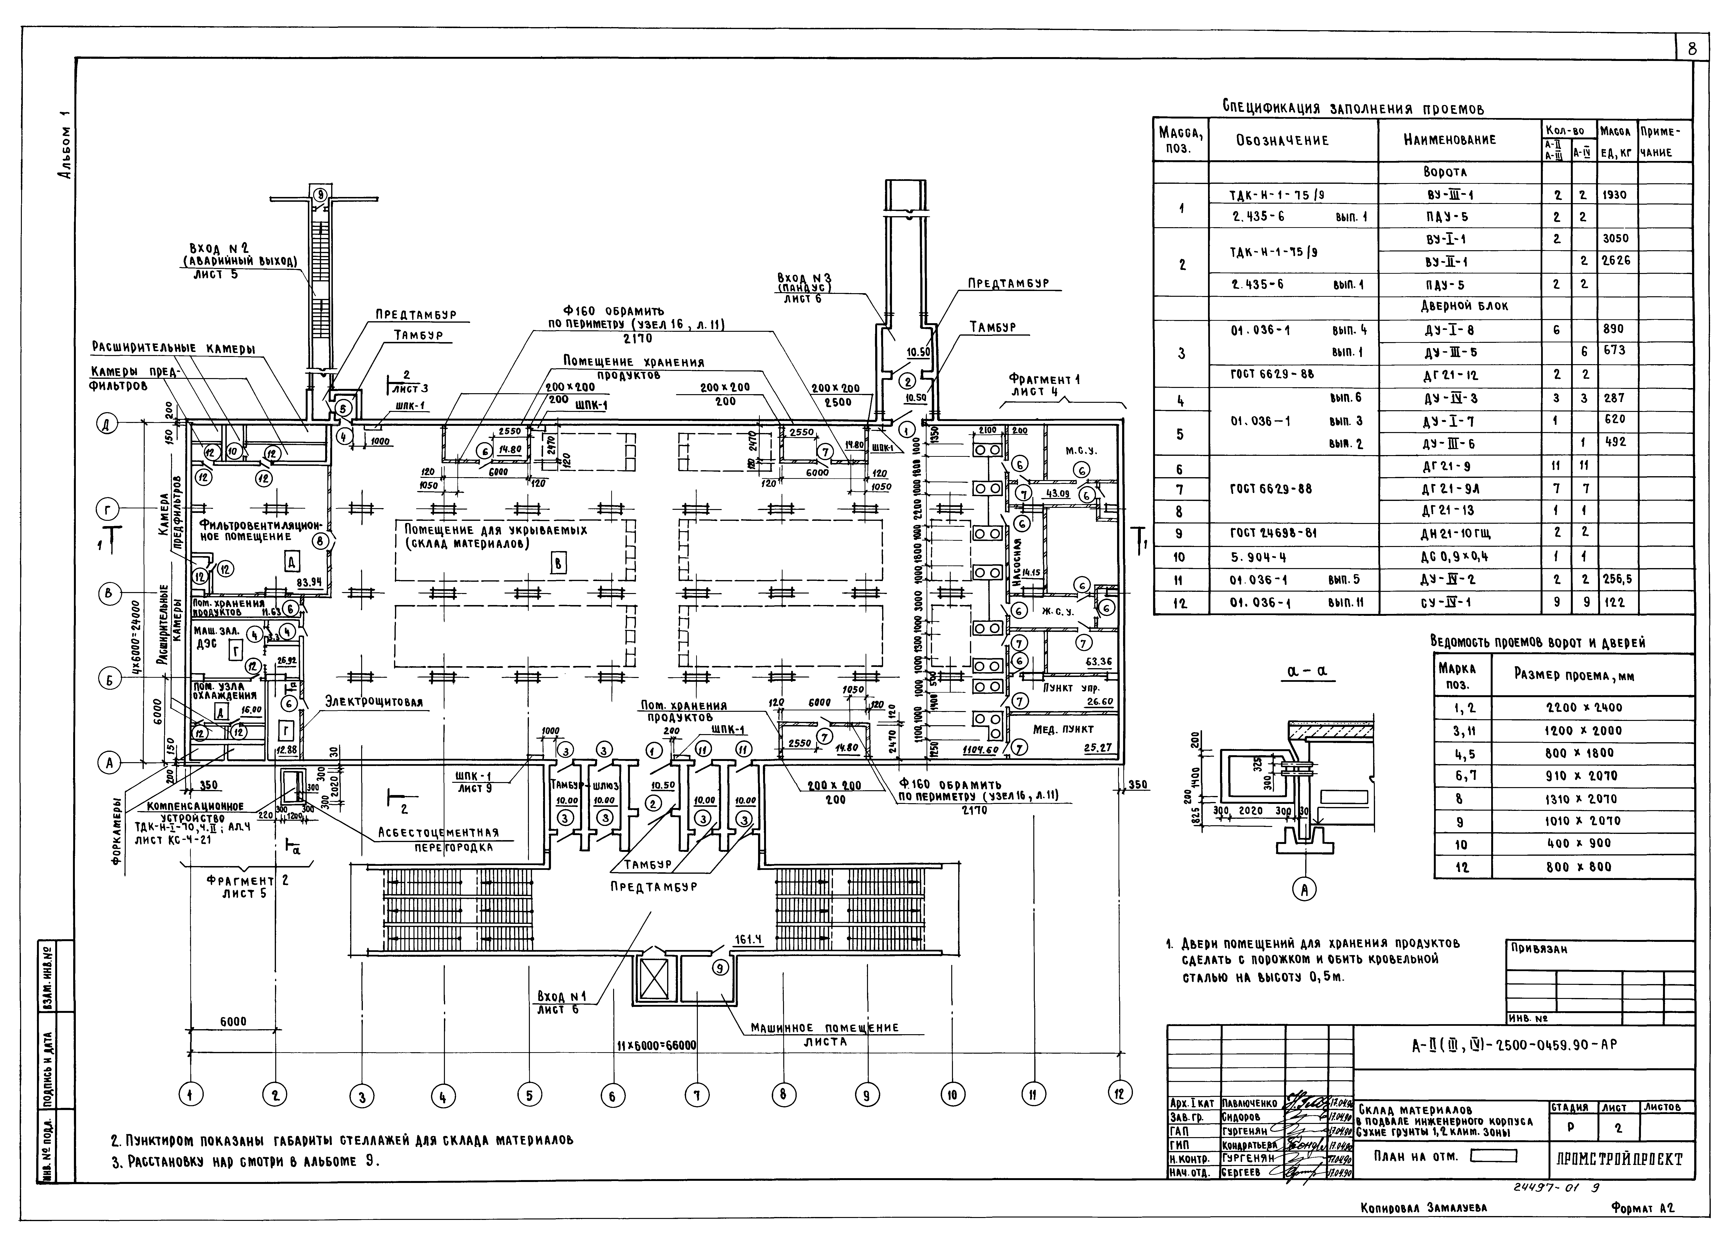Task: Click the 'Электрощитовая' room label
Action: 374,701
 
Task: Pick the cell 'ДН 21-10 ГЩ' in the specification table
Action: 1459,534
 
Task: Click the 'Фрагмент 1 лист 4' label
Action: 1044,385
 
